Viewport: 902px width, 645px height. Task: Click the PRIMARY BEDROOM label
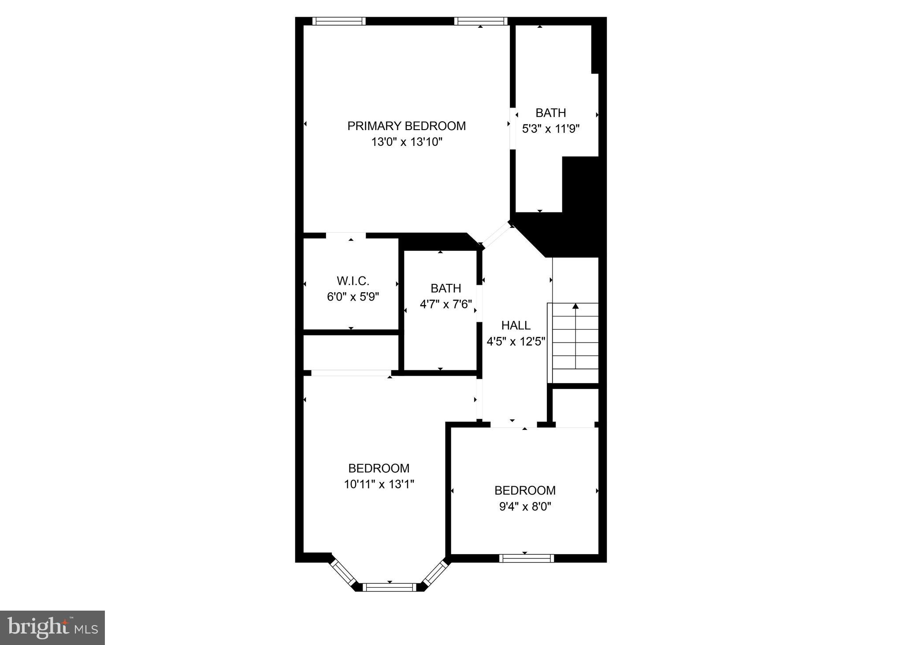pyautogui.click(x=406, y=126)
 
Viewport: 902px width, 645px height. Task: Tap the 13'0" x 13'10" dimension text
pyautogui.click(x=406, y=142)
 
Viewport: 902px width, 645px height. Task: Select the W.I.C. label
pyautogui.click(x=353, y=281)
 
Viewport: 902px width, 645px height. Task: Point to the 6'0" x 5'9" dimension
pyautogui.click(x=353, y=297)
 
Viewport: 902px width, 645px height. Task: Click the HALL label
pyautogui.click(x=516, y=325)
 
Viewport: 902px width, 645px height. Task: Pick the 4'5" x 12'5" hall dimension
pyautogui.click(x=516, y=341)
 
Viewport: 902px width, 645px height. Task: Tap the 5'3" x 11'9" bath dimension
pyautogui.click(x=550, y=129)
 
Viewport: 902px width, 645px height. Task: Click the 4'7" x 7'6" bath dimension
pyautogui.click(x=445, y=304)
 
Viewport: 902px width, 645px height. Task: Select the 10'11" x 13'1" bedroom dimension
pyautogui.click(x=379, y=484)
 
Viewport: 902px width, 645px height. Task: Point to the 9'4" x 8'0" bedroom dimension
pyautogui.click(x=525, y=507)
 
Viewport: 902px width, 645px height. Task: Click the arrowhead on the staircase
pyautogui.click(x=575, y=306)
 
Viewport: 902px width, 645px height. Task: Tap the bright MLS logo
pyautogui.click(x=52, y=627)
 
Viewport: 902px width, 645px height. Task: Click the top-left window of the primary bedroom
pyautogui.click(x=339, y=21)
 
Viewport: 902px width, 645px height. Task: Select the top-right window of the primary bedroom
pyautogui.click(x=481, y=21)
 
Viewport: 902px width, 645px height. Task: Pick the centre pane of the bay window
pyautogui.click(x=390, y=587)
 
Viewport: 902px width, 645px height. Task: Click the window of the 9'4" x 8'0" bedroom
pyautogui.click(x=527, y=558)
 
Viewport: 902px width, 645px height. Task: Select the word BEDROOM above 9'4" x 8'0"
pyautogui.click(x=525, y=490)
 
